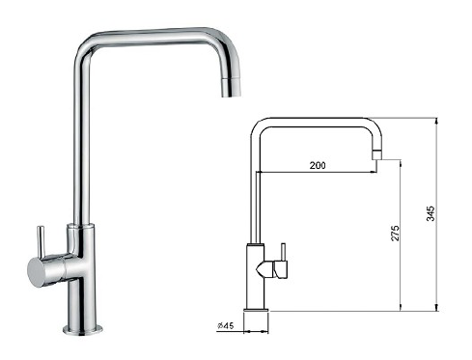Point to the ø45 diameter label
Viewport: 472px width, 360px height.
[x=228, y=323]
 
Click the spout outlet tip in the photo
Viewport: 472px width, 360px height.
[x=230, y=90]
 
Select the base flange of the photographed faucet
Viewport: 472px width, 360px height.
[x=82, y=328]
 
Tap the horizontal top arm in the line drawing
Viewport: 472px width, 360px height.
[x=314, y=121]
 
